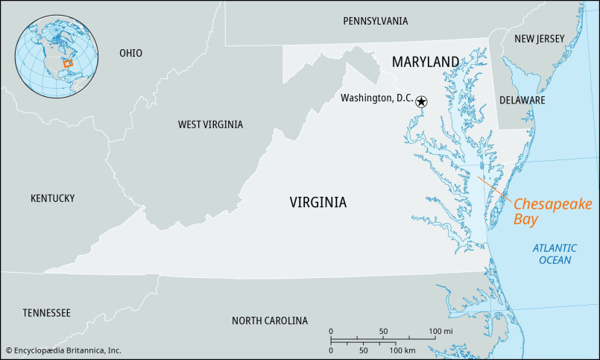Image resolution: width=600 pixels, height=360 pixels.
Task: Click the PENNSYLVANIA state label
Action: point(375,21)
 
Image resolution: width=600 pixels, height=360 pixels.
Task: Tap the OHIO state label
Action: point(130,53)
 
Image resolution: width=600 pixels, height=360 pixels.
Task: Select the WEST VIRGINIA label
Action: point(210,124)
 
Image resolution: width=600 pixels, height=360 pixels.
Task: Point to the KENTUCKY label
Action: point(52,198)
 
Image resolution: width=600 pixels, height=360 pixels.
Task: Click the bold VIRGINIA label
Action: point(318,202)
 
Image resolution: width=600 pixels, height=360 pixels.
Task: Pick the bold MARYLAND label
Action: point(426,61)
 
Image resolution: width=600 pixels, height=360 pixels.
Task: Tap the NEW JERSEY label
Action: point(540,39)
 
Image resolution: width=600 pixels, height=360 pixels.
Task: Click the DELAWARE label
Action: point(522,100)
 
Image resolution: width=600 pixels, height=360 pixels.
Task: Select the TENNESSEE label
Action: point(46,313)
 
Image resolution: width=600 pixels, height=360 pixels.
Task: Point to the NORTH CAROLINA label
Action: point(269,321)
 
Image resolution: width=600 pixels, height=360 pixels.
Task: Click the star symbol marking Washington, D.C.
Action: point(421,101)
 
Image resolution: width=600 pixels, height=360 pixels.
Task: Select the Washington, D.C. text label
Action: point(376,98)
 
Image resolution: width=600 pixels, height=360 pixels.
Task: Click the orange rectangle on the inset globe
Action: point(68,64)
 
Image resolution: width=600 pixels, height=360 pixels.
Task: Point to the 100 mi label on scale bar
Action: point(441,331)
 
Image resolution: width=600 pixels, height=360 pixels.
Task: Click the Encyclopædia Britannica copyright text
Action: point(63,350)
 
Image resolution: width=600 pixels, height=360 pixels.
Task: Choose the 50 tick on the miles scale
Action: point(383,331)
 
